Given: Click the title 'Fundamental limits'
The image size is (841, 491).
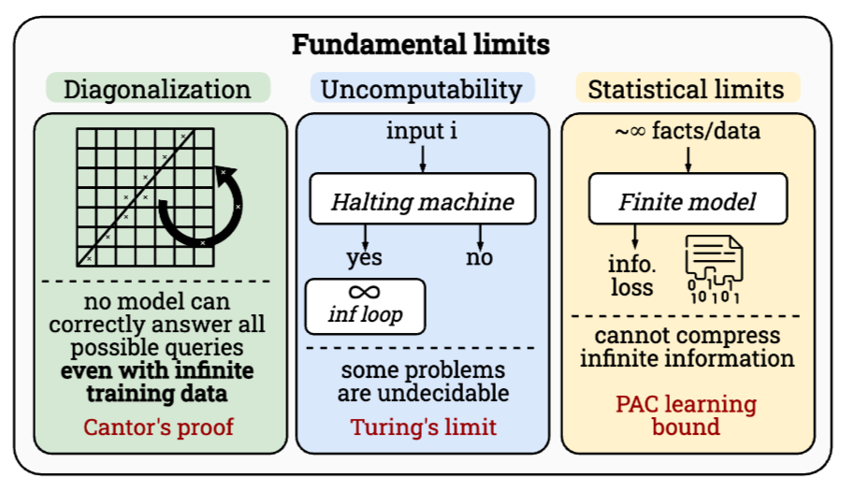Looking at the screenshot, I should tap(420, 44).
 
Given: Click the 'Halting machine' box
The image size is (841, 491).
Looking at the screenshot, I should tap(423, 200).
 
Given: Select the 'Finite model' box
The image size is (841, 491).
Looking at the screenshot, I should tap(687, 200).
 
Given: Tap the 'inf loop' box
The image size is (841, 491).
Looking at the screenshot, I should tap(365, 306).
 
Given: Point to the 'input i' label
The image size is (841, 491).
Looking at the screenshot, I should tap(422, 131).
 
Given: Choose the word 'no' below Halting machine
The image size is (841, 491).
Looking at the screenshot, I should tap(479, 256).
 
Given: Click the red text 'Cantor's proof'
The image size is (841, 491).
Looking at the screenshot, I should tap(156, 427).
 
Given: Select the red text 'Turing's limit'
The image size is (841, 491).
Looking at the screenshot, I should tap(423, 427).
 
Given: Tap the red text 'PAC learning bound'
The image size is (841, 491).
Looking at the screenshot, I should tap(686, 415).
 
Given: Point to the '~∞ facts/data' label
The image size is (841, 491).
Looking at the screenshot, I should tap(687, 131).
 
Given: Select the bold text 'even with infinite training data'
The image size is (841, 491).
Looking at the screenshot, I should tap(156, 382).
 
